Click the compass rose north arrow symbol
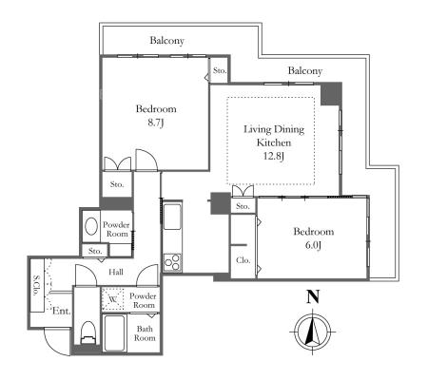(x=313, y=332)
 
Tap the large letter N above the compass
(x=313, y=296)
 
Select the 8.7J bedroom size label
(x=156, y=123)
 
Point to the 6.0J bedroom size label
(x=313, y=245)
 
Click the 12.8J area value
(x=274, y=156)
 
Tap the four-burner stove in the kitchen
(x=172, y=262)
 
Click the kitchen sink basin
(x=172, y=217)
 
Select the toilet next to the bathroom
(x=88, y=332)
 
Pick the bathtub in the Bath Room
(x=113, y=333)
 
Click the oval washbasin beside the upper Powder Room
(x=91, y=226)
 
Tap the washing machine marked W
(x=112, y=299)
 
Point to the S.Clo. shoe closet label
(x=36, y=285)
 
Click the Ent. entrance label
(x=61, y=311)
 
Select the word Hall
(x=116, y=272)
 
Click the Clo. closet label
(x=243, y=260)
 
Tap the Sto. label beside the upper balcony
(x=220, y=70)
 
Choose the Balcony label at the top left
(x=167, y=41)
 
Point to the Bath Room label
(x=145, y=333)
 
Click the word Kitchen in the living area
(x=274, y=142)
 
